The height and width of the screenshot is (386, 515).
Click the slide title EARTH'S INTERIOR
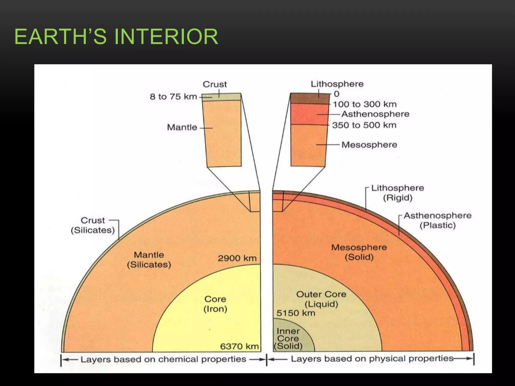[x=116, y=37]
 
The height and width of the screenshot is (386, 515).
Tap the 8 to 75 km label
[x=173, y=96]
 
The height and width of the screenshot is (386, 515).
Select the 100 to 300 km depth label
[x=365, y=104]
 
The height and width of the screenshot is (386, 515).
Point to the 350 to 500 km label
[x=364, y=125]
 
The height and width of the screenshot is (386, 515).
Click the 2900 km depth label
[x=237, y=258]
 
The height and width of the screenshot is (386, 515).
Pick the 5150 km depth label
[x=296, y=313]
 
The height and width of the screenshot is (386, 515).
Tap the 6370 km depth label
[x=239, y=346]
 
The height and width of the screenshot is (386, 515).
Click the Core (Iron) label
[x=215, y=304]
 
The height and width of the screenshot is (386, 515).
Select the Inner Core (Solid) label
[x=288, y=339]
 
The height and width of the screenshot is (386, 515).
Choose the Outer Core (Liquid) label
[x=321, y=299]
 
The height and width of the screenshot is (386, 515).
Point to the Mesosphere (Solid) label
[x=359, y=252]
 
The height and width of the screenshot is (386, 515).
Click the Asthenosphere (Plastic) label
[x=438, y=220]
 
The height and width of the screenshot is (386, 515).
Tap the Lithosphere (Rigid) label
[x=398, y=193]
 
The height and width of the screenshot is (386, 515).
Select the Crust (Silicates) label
[x=93, y=225]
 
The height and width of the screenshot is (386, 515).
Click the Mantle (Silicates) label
[x=149, y=260]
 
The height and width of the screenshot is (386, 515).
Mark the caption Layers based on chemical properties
[x=163, y=359]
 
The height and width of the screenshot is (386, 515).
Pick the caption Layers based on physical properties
[x=372, y=359]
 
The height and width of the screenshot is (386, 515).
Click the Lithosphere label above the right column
[x=337, y=84]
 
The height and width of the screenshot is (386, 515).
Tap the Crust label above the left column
[x=215, y=84]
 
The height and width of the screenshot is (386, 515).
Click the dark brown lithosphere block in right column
[x=310, y=99]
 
